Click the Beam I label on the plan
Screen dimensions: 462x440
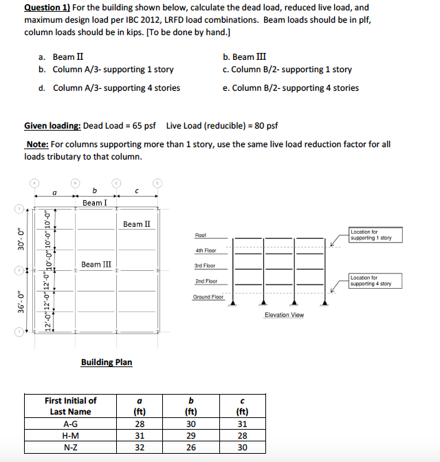coord(94,203)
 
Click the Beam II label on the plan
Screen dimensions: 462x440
coord(137,224)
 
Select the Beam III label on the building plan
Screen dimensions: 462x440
coord(96,264)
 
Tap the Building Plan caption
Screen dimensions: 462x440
coord(107,362)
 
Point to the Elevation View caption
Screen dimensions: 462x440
coord(284,315)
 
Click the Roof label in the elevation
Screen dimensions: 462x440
coord(200,235)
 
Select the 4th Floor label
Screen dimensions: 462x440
coord(205,250)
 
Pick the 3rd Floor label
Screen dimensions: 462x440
coord(205,265)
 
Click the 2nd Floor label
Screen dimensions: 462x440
coord(206,281)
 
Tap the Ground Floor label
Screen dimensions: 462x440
coord(208,297)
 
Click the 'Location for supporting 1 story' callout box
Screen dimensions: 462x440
coord(371,235)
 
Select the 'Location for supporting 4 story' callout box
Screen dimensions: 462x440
coord(371,280)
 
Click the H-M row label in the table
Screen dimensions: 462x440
coord(70,435)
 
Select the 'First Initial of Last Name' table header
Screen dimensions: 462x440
coord(70,406)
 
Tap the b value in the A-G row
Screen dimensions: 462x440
coord(191,424)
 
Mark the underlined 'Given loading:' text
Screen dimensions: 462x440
coord(52,126)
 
